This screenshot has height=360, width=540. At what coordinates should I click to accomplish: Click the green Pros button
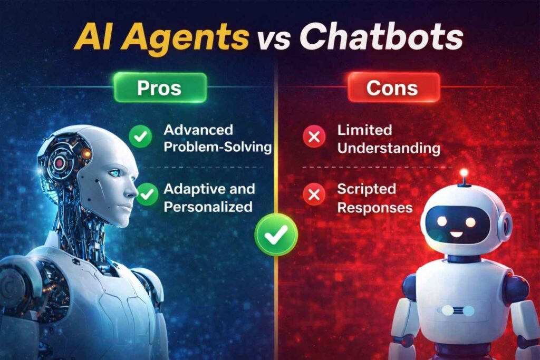pos(160,88)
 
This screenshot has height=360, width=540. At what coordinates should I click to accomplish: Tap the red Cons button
pos(393,88)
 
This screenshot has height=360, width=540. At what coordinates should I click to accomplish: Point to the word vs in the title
pos(274,39)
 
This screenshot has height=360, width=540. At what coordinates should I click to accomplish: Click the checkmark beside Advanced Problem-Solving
pos(140,137)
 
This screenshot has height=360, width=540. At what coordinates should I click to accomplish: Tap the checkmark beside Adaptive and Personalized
pos(147,194)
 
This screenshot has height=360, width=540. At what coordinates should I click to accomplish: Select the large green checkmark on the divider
pos(276,235)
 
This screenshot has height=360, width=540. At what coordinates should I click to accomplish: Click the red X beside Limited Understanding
pos(314,137)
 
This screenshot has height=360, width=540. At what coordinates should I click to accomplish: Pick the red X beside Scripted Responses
pos(314,194)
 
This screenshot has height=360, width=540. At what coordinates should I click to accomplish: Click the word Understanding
pos(389,148)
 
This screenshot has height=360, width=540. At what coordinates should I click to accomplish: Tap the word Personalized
pos(208,207)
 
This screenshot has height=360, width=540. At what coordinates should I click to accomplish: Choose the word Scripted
pos(367,189)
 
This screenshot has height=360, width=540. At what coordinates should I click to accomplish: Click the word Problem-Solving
pos(218,147)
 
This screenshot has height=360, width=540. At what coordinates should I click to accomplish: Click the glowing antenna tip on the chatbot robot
pos(464,172)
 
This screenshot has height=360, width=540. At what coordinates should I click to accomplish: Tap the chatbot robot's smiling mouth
pos(456,235)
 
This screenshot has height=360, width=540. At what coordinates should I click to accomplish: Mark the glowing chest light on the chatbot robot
pos(458,311)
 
